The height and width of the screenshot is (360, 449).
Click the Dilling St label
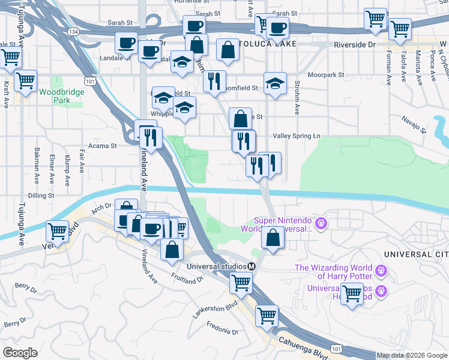[41, 196]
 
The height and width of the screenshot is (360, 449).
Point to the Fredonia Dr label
[223, 329]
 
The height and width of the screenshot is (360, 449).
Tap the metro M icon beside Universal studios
[252, 266]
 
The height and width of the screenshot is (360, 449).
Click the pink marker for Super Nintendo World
[321, 224]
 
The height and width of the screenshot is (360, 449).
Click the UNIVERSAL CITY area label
[426, 255]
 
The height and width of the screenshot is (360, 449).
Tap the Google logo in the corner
[20, 353]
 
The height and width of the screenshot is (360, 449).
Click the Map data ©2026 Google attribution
[411, 355]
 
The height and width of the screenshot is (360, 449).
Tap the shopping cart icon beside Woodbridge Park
[25, 80]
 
